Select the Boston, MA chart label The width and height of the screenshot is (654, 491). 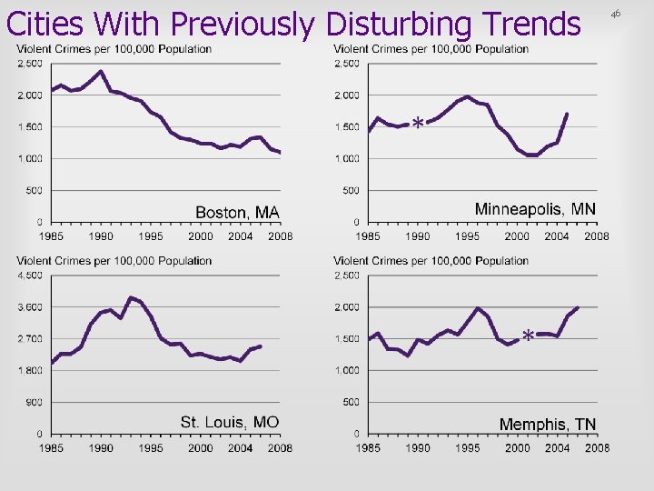tap(238, 213)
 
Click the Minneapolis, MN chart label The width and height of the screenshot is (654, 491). tap(535, 209)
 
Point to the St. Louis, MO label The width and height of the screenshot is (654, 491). tap(230, 422)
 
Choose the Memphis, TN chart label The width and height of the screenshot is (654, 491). tap(548, 425)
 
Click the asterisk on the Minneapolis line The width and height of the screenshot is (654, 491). tap(417, 123)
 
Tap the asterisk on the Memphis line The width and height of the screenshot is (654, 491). tap(528, 336)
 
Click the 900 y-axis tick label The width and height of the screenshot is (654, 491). tap(34, 402)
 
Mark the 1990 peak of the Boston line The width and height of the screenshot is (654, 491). tap(101, 71)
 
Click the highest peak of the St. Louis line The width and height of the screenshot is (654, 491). tap(132, 297)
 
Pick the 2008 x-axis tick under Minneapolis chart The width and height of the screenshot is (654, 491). tap(597, 236)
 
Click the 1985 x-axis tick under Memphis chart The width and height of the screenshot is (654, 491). tap(368, 448)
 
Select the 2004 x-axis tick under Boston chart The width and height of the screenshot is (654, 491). tap(241, 236)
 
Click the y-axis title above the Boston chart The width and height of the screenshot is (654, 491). tap(114, 49)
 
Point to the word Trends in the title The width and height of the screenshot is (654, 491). tap(527, 24)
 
